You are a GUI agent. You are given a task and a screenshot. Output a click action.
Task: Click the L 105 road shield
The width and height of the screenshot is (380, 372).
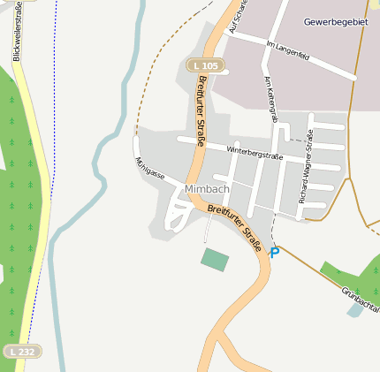pyautogui.click(x=206, y=65)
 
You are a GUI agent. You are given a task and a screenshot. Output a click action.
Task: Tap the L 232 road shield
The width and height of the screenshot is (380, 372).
pyautogui.click(x=22, y=352)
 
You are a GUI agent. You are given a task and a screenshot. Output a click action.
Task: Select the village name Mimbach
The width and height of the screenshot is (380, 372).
pyautogui.click(x=208, y=190)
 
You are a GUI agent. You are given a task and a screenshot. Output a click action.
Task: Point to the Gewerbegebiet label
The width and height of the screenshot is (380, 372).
pyautogui.click(x=336, y=20)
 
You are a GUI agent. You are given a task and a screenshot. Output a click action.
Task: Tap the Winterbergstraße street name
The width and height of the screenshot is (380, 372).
pyautogui.click(x=255, y=152)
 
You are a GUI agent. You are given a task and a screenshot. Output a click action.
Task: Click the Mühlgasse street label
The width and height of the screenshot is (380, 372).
pyautogui.click(x=149, y=169)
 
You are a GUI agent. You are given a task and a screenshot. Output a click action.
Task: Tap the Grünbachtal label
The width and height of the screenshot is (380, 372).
pyautogui.click(x=360, y=298)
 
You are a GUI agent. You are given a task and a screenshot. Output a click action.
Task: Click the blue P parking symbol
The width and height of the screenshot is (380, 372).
pyautogui.click(x=274, y=253)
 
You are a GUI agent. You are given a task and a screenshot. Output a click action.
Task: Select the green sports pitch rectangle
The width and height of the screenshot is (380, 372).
pyautogui.click(x=215, y=260)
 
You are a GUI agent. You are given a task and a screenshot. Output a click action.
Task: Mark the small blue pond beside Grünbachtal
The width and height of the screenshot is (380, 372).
pyautogui.click(x=356, y=308)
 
